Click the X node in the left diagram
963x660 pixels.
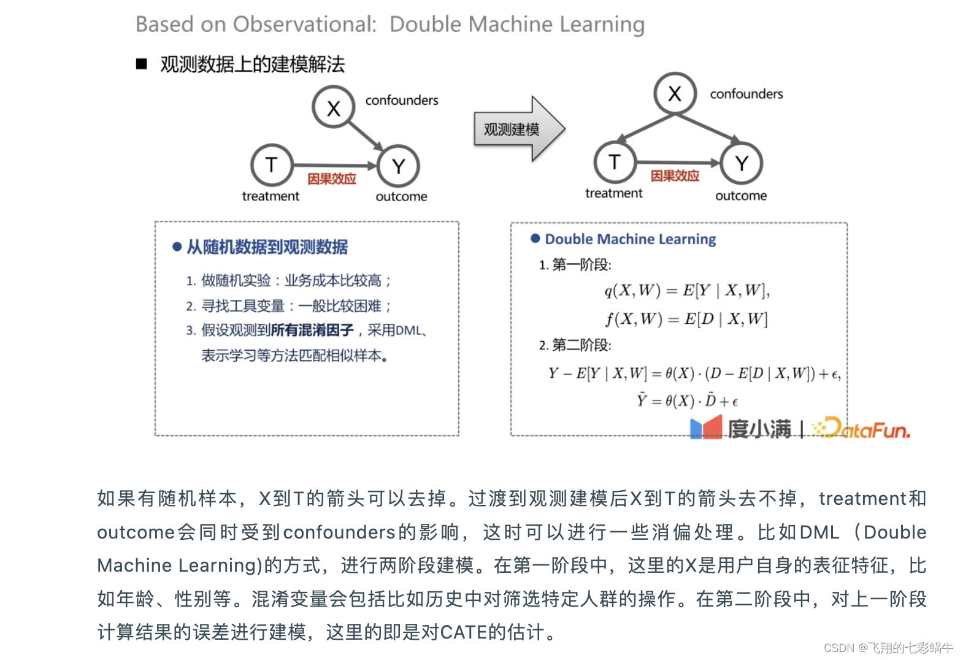(334, 107)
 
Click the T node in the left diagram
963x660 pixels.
(272, 165)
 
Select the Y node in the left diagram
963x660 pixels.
(399, 166)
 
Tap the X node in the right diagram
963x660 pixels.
(675, 93)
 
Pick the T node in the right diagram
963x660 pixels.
(615, 162)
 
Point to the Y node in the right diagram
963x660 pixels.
(742, 163)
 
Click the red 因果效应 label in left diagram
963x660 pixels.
(332, 179)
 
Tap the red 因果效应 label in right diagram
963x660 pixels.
(675, 176)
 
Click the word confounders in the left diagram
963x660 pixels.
(402, 100)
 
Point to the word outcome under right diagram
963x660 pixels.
(741, 196)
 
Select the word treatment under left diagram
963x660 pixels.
(270, 196)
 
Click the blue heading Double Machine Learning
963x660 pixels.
(630, 239)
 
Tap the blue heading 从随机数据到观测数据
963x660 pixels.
(267, 247)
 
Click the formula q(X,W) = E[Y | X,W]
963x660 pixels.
(687, 290)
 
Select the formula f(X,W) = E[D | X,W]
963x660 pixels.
(686, 319)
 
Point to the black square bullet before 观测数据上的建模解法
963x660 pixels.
(142, 64)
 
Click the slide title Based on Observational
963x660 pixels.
(390, 24)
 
